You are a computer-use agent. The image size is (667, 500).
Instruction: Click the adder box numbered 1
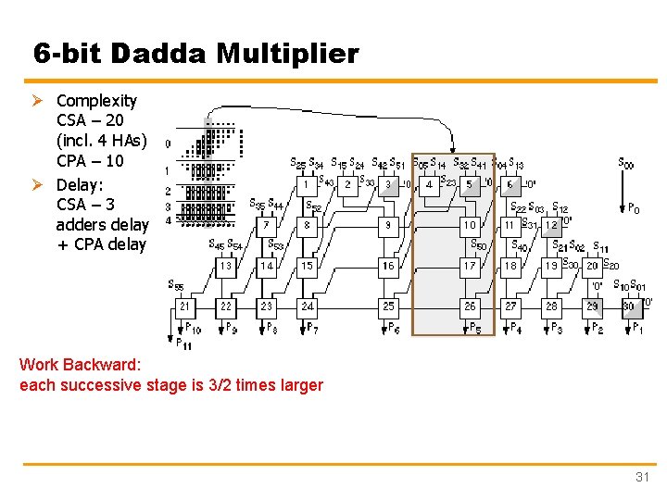tap(307, 183)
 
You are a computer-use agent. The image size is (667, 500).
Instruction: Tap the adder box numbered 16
tap(388, 266)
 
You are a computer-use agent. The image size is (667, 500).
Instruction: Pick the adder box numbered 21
tap(185, 306)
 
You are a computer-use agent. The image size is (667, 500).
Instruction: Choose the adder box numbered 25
tap(388, 306)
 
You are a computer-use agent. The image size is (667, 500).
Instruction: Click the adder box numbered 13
tap(226, 266)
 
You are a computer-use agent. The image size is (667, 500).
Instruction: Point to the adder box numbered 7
tap(267, 224)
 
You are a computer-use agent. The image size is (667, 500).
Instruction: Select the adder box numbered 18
tap(510, 266)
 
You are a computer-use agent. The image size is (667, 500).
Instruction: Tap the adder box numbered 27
tap(510, 306)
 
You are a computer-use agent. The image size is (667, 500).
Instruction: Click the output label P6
tap(394, 328)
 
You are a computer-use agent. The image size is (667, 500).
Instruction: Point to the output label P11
tap(182, 344)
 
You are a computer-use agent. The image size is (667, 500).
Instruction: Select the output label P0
tap(633, 209)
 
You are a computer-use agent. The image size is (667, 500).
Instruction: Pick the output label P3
tap(556, 328)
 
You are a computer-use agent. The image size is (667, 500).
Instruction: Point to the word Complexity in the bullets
tap(96, 100)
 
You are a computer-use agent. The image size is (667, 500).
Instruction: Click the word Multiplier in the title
tap(287, 53)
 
